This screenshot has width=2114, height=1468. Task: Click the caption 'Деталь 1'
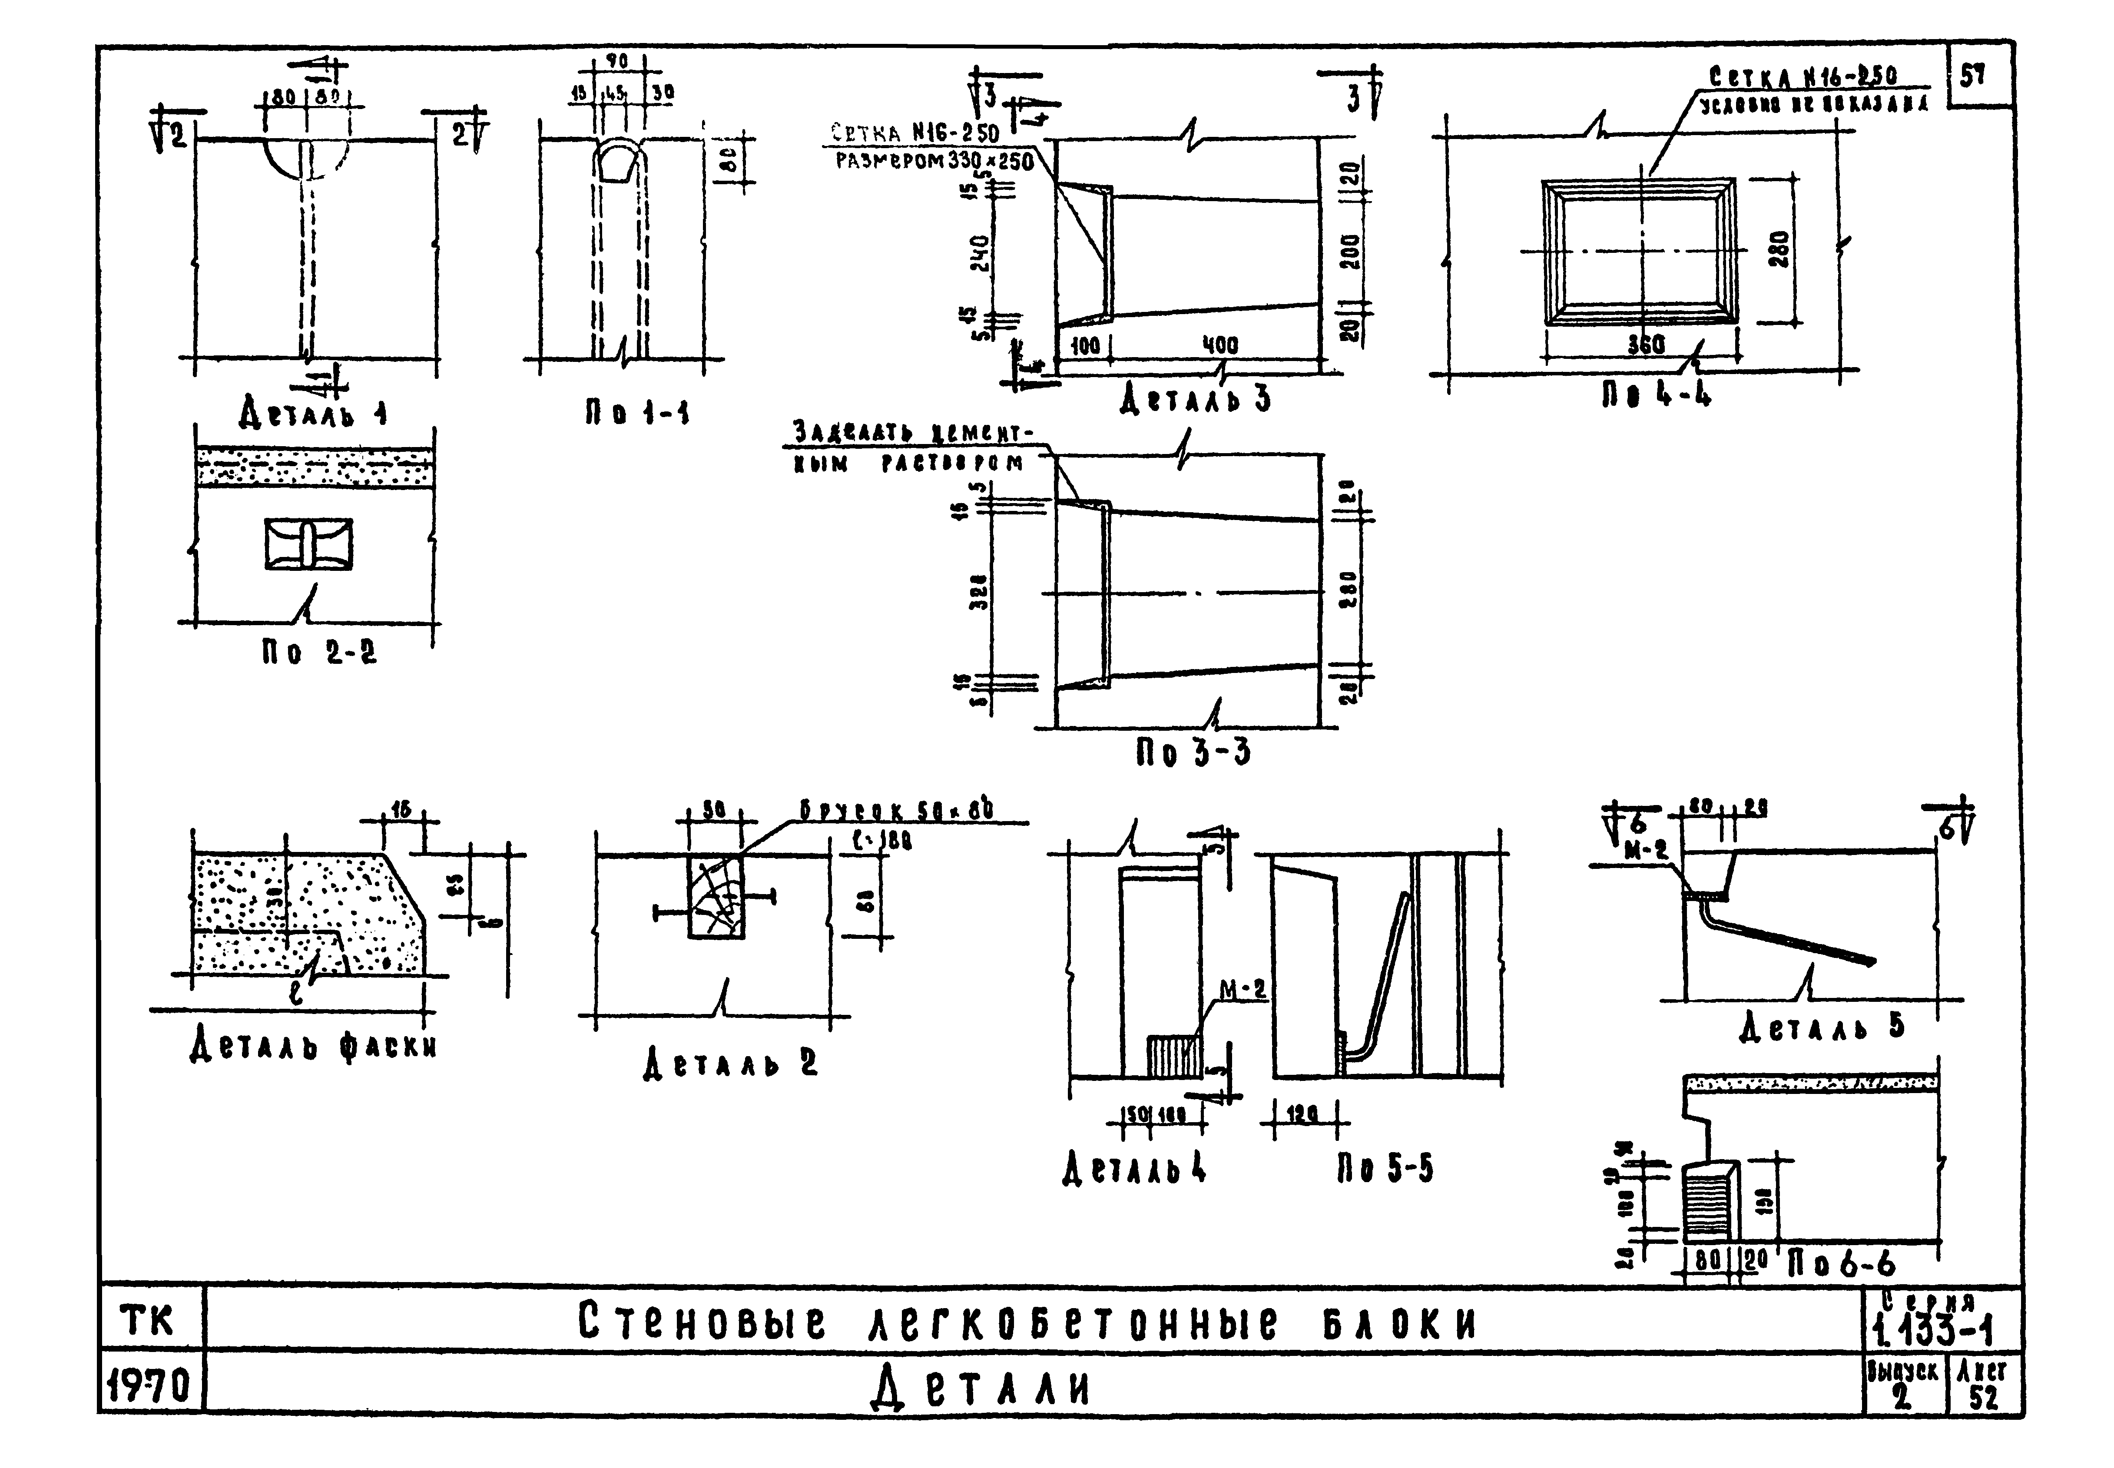313,414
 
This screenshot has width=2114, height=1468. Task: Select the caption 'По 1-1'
637,414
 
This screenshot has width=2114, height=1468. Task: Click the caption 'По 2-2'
318,653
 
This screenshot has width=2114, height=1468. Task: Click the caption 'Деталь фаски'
313,1046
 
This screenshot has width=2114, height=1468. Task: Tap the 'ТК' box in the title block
147,1322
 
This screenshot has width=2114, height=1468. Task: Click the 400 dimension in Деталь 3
1220,346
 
